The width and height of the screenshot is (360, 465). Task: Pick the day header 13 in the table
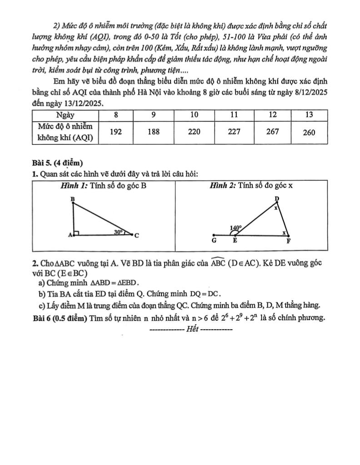tap(310, 114)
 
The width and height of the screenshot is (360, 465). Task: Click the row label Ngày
tap(65, 114)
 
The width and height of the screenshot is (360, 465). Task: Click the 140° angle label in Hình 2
tap(235, 228)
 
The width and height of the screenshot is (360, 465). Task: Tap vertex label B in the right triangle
tap(72, 199)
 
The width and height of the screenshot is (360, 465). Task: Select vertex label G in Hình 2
tap(213, 241)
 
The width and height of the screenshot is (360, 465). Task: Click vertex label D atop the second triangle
tap(277, 199)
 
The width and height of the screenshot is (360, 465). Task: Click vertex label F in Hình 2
tap(288, 242)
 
